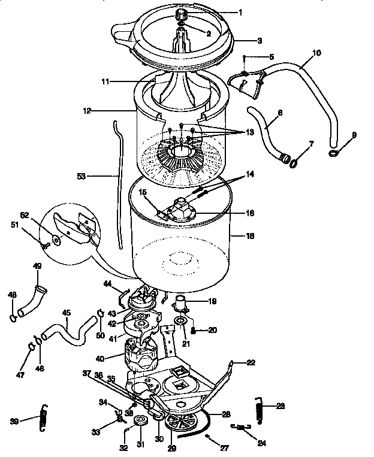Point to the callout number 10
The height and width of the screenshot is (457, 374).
[x=316, y=53]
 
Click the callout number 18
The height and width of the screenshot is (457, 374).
[x=250, y=236]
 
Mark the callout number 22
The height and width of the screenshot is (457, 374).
[x=250, y=362]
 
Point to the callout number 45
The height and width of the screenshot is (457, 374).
[x=66, y=312]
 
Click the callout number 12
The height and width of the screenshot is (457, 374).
[x=88, y=111]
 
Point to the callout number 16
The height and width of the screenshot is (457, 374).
[x=250, y=213]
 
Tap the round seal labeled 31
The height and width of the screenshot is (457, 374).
[x=141, y=422]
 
